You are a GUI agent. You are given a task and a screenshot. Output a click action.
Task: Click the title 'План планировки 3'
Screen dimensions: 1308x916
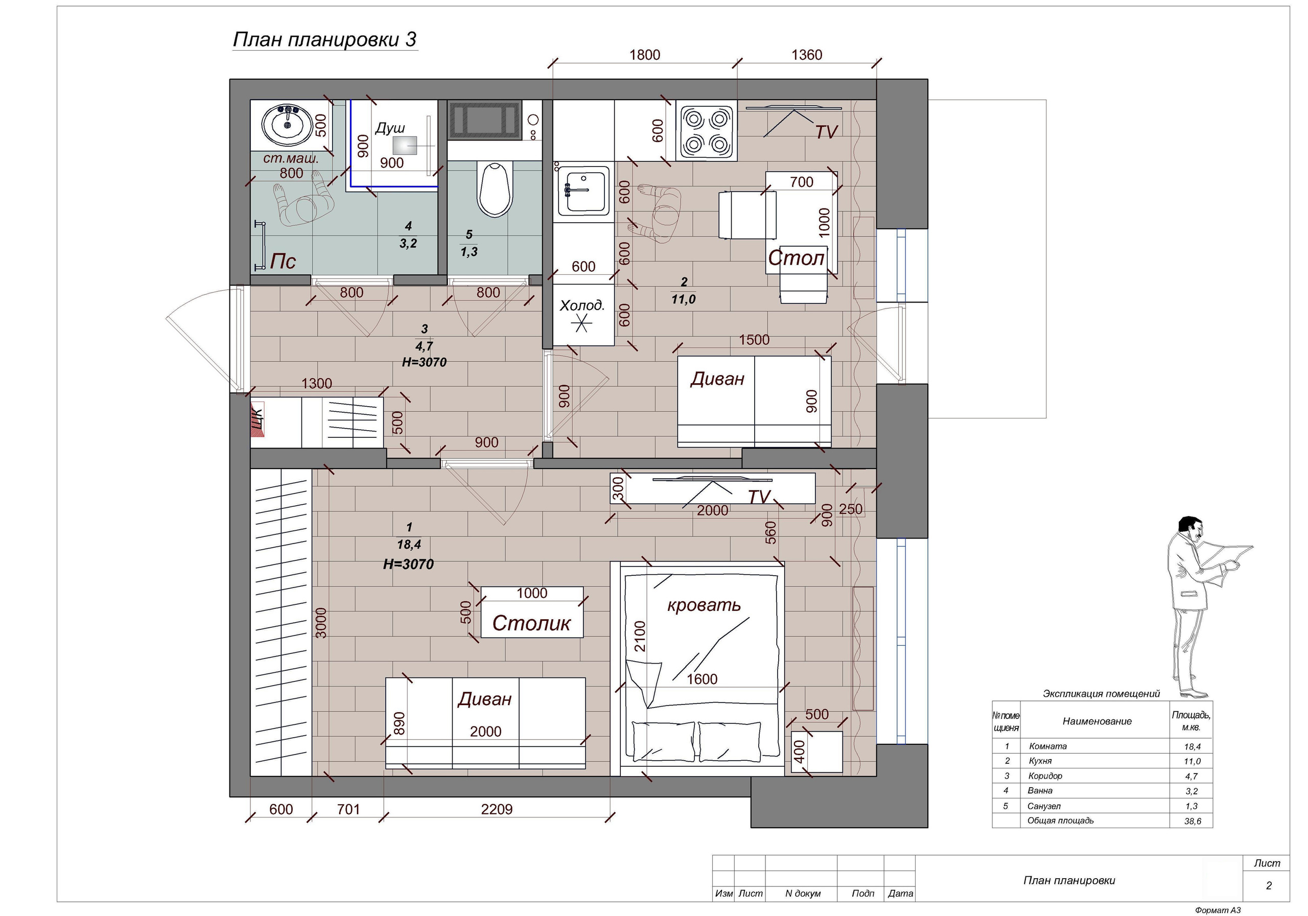325,39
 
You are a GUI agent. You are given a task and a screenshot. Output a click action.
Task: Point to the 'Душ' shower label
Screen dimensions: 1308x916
390,128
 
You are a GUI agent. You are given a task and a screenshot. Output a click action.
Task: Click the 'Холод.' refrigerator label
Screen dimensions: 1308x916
581,306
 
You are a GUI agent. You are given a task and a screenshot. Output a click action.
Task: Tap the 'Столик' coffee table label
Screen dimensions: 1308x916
531,623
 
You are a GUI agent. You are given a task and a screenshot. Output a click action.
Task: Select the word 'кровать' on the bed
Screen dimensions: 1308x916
704,604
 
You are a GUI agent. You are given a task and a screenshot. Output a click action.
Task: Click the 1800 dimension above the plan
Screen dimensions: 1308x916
644,55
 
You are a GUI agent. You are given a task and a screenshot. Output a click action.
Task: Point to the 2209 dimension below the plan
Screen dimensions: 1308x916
497,809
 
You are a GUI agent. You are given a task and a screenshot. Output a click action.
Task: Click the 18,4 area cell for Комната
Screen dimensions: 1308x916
1192,746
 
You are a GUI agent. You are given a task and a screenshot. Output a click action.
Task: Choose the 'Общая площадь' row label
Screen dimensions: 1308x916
1060,820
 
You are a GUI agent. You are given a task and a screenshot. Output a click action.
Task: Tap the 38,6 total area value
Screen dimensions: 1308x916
1192,821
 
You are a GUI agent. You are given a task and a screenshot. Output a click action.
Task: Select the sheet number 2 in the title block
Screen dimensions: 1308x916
1268,885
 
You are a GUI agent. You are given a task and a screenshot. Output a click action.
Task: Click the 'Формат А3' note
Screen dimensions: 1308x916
1218,910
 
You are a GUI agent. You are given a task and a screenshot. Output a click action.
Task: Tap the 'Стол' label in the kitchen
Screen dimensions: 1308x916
796,258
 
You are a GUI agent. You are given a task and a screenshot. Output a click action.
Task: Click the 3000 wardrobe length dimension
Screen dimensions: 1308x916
321,623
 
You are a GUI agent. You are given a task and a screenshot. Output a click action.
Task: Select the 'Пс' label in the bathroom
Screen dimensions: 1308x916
283,261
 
